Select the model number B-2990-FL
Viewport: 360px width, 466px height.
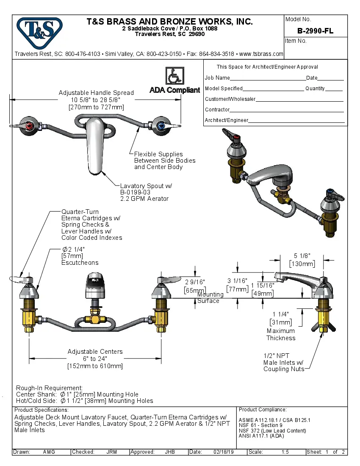coord(315,31)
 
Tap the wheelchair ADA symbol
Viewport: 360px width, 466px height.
coord(174,76)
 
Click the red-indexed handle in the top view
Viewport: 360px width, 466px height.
coord(28,126)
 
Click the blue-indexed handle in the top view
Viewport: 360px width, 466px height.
coord(161,126)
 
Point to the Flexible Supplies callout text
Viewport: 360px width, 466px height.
coord(165,161)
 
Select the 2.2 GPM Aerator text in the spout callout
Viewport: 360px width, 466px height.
coord(144,198)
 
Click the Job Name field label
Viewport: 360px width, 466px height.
coord(217,78)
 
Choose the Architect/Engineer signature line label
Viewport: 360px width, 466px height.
coord(226,120)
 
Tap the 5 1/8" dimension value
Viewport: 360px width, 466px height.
coord(302,255)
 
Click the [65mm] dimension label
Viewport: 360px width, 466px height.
coord(194,290)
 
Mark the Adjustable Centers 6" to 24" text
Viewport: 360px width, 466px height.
coord(95,359)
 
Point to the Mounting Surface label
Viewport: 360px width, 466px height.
coord(209,297)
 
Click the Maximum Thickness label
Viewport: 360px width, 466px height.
coord(281,334)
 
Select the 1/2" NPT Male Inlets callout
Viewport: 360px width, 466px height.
coord(284,363)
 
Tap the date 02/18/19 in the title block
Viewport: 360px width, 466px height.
coord(224,452)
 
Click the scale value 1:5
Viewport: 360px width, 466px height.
coord(285,452)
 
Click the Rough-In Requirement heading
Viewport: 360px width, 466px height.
coord(49,388)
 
